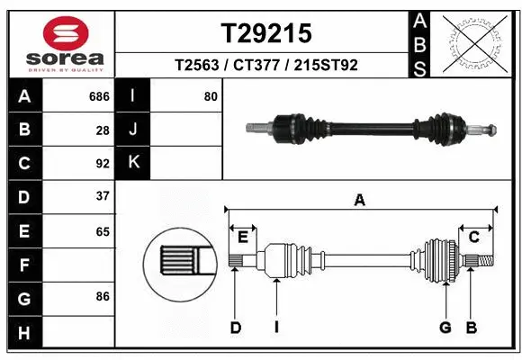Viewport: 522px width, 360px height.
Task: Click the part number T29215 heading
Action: point(266,33)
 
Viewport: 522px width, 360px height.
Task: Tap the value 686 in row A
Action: point(99,95)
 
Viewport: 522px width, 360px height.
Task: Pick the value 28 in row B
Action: point(103,130)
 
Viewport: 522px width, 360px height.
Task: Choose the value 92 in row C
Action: point(103,164)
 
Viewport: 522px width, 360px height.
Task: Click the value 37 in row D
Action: point(103,196)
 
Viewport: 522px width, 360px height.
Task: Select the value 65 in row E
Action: point(103,231)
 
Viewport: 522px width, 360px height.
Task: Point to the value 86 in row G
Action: point(103,295)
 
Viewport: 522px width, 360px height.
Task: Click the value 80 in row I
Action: point(211,95)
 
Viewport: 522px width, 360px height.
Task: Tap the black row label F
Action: point(23,265)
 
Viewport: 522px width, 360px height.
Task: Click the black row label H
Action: point(23,334)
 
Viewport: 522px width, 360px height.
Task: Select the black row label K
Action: point(133,163)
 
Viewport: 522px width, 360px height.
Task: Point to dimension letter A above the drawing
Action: point(359,201)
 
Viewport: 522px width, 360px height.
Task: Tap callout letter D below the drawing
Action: point(236,328)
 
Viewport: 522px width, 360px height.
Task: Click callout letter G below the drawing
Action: point(445,328)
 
